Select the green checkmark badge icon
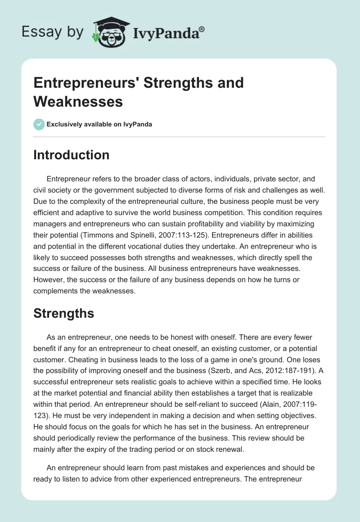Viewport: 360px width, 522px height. click(39, 124)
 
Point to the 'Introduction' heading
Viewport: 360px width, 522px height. click(71, 155)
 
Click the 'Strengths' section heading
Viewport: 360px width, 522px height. click(63, 313)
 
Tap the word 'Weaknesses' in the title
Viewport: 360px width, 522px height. click(78, 101)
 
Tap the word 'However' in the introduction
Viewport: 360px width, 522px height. click(49, 279)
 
